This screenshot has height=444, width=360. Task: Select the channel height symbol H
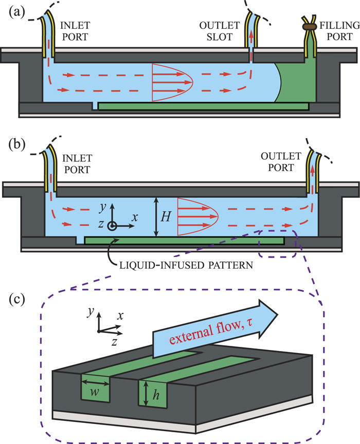pyautogui.click(x=166, y=216)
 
